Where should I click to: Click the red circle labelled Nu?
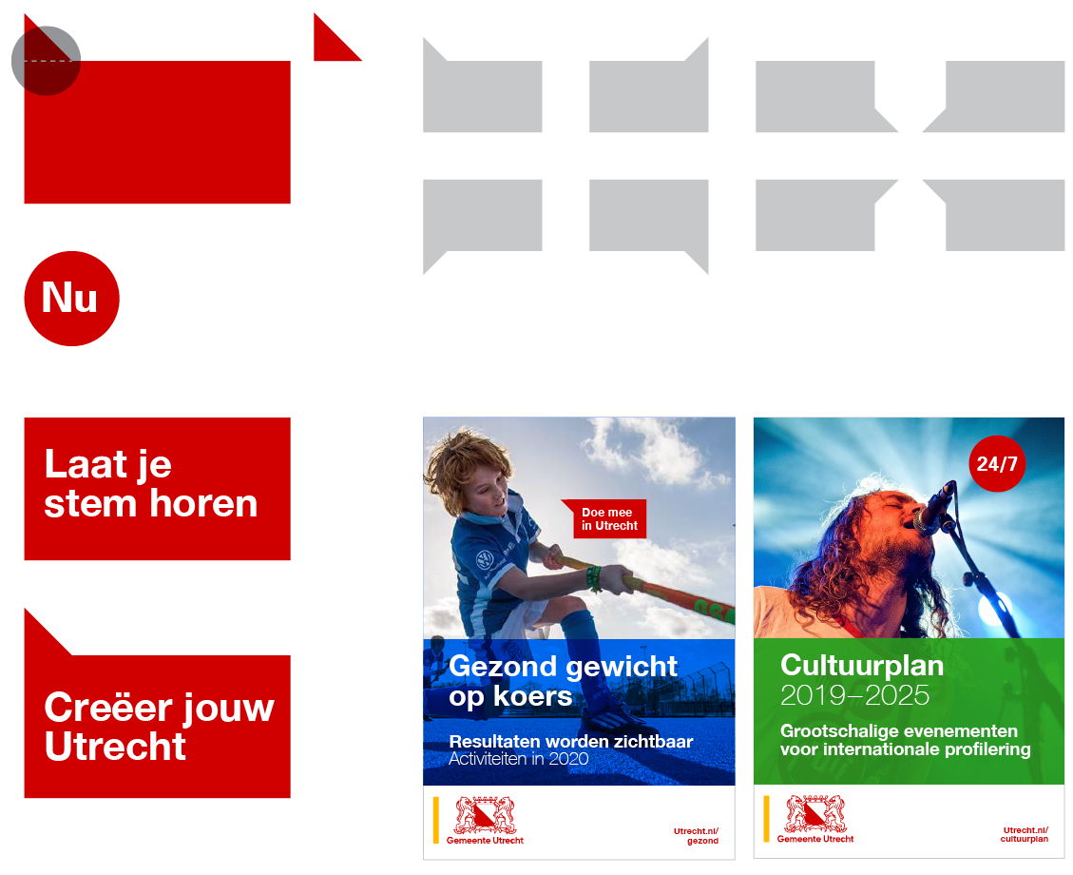[72, 299]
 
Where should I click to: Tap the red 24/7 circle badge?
[997, 463]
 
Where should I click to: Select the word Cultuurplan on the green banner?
[862, 666]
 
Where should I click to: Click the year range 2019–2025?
[854, 695]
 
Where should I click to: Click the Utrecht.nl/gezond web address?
[696, 836]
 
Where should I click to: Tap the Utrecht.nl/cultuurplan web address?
[1025, 835]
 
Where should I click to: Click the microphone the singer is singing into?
[935, 507]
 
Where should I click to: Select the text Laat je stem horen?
[150, 483]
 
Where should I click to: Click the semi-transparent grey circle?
[47, 61]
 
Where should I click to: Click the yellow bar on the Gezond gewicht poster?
[436, 820]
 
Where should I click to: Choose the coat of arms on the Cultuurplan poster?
[815, 813]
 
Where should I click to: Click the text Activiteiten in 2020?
[519, 759]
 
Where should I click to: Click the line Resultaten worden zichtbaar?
[571, 742]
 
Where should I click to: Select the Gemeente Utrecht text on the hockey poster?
[485, 840]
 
